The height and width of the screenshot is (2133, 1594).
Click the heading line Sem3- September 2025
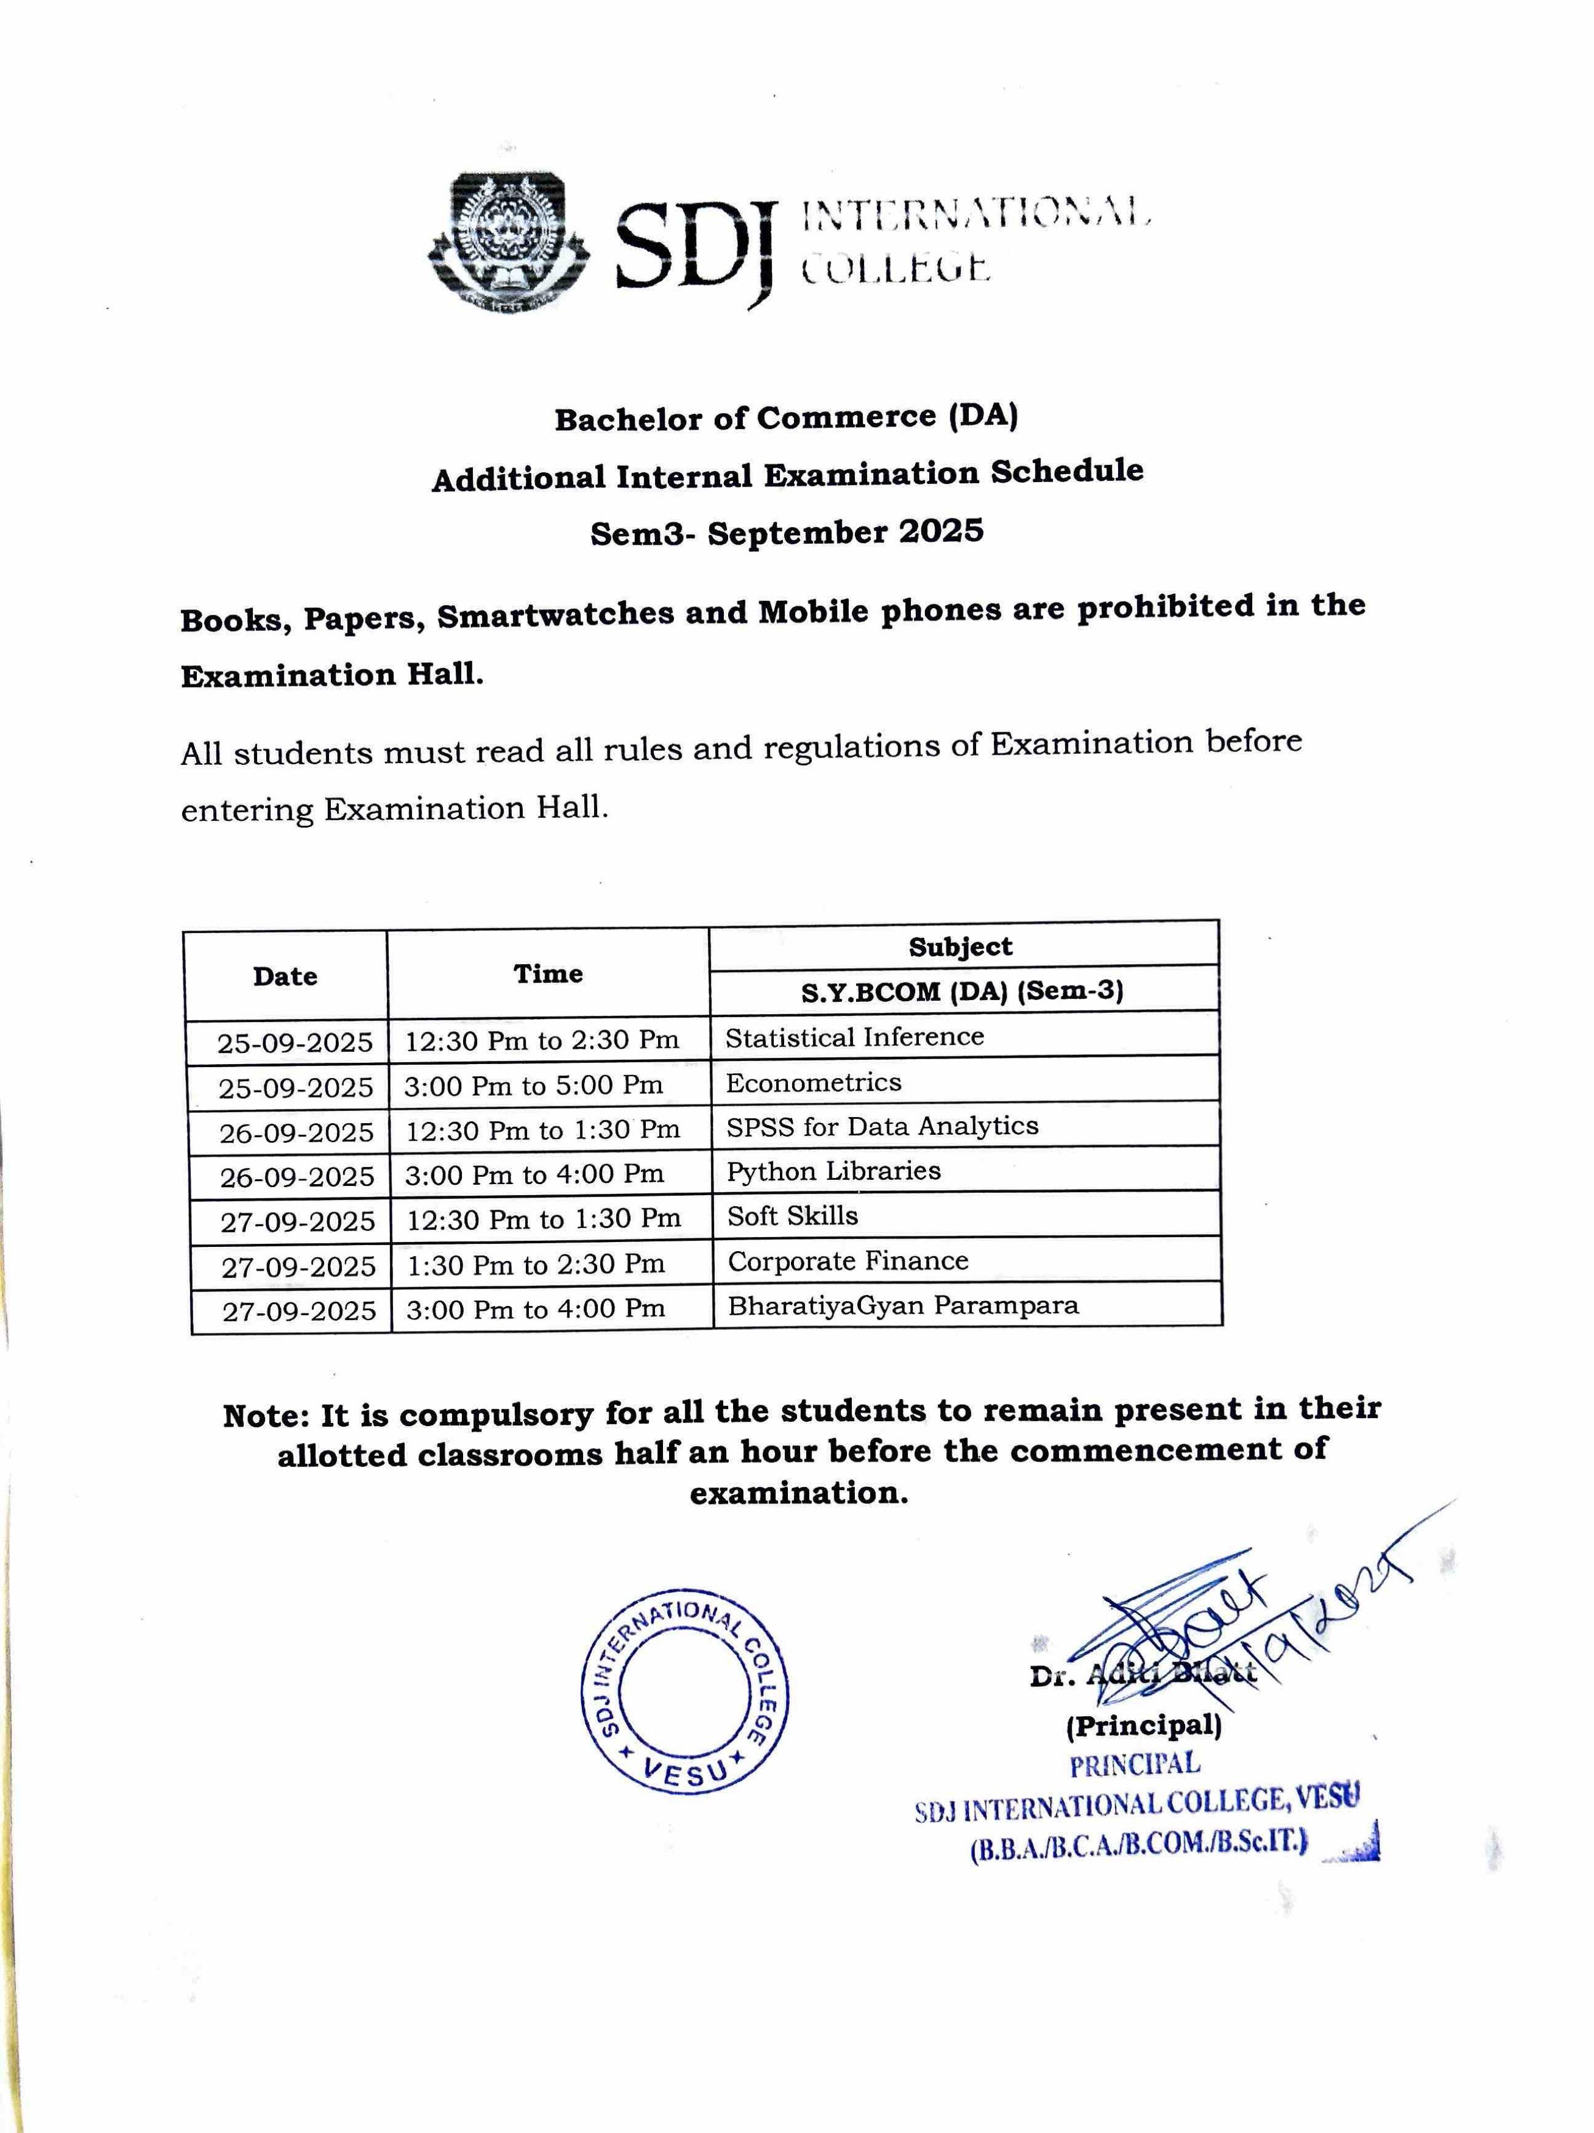pyautogui.click(x=787, y=532)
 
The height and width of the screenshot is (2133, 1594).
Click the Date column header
pyautogui.click(x=285, y=976)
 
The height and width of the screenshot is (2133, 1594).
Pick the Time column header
pyautogui.click(x=548, y=973)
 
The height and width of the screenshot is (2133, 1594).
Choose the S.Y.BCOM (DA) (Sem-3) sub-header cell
pyautogui.click(x=962, y=990)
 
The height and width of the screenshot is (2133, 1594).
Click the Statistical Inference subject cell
pyautogui.click(x=854, y=1037)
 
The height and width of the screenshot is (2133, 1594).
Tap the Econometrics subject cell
pyautogui.click(x=813, y=1082)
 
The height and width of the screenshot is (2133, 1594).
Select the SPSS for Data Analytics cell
pyautogui.click(x=881, y=1126)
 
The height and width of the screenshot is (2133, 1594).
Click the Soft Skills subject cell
pyautogui.click(x=792, y=1216)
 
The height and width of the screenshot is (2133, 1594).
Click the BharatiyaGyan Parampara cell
pyautogui.click(x=902, y=1305)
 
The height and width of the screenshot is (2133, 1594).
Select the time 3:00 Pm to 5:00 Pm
pyautogui.click(x=533, y=1085)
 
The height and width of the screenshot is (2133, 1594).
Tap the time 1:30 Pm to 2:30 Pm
pyautogui.click(x=535, y=1264)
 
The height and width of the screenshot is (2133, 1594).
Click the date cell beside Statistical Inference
pyautogui.click(x=294, y=1042)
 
